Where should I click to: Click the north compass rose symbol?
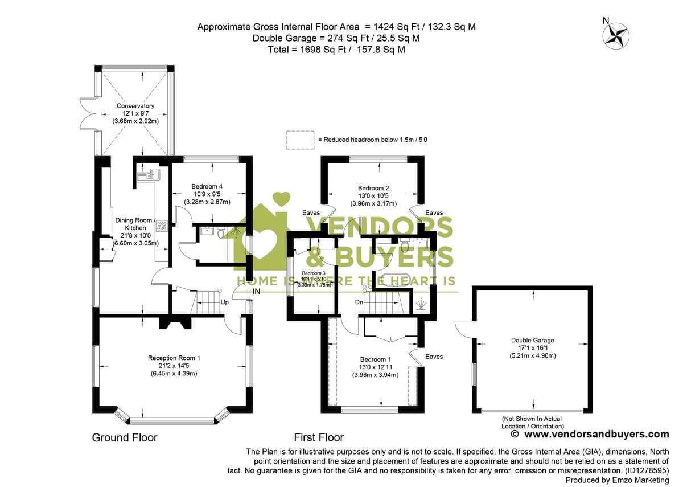pos(616,34)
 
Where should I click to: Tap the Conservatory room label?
pos(135,106)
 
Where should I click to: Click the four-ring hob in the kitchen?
pos(162,225)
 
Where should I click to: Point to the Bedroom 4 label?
pos(207,186)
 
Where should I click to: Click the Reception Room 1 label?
pos(174,358)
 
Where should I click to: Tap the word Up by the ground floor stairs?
pos(224,302)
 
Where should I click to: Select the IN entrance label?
pos(257,292)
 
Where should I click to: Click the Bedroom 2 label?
pos(373,188)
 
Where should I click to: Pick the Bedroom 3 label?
pos(313,273)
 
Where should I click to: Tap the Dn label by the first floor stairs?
pos(359,302)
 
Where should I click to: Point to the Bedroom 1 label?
pos(375,359)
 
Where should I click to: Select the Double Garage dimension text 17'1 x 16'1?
pos(532,348)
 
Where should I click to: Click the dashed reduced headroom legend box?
pos(301,140)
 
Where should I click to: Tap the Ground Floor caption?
pos(125,437)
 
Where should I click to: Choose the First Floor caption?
pos(319,437)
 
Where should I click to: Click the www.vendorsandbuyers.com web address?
pos(596,434)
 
